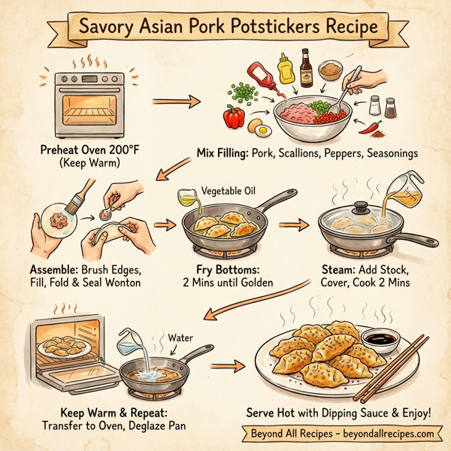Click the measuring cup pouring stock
[x=401, y=190]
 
